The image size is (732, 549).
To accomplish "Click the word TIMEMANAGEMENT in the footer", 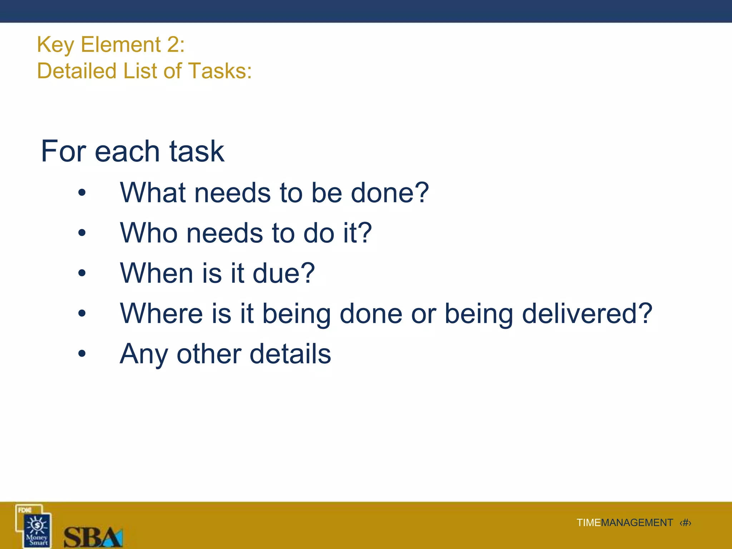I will (x=624, y=523).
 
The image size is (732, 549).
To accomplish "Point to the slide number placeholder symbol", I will (x=686, y=523).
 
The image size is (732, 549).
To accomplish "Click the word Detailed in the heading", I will (x=77, y=71).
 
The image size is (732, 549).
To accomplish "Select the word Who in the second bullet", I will (x=148, y=233).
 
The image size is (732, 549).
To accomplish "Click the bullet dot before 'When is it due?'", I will (x=82, y=273).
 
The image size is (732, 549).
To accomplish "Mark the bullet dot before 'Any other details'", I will (x=82, y=354).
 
